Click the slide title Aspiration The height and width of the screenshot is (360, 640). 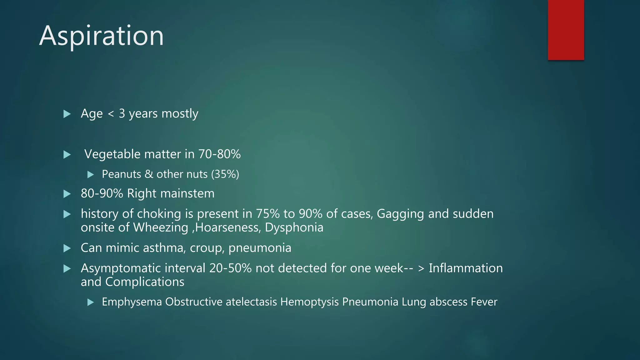(x=101, y=36)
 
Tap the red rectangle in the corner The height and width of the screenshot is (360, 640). (x=566, y=30)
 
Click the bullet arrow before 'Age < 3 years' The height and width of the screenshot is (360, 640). (x=67, y=114)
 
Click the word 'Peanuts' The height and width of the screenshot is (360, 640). (x=121, y=174)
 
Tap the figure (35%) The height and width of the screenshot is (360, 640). (x=225, y=174)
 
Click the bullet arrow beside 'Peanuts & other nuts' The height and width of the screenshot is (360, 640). (x=91, y=175)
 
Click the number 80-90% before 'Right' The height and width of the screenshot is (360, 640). (x=102, y=194)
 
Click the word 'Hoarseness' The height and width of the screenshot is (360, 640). (x=227, y=227)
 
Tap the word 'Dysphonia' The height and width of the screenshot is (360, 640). (x=294, y=227)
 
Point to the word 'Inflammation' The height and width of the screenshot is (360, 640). (x=466, y=268)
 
